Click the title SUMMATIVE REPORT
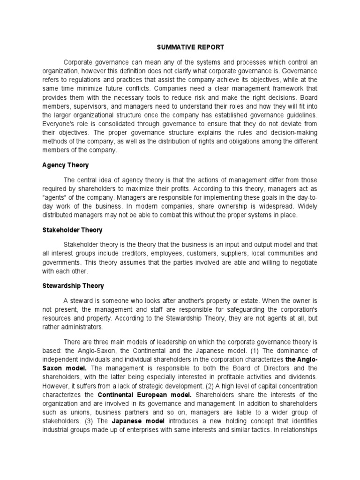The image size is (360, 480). [184, 47]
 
